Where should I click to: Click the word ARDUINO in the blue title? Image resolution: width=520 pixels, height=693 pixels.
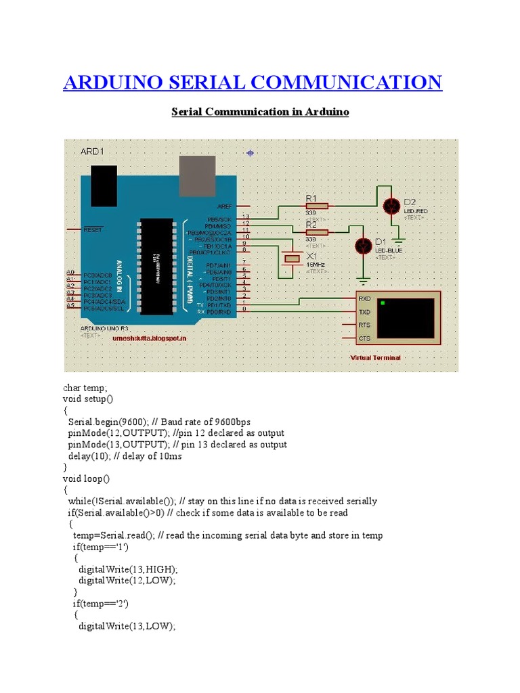[111, 83]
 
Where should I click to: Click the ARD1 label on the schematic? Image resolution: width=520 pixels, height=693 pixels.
[93, 150]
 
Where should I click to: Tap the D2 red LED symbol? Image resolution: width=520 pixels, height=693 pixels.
[391, 205]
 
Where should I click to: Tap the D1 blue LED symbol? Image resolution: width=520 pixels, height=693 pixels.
[364, 245]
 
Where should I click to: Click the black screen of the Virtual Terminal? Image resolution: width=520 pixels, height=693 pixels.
[405, 317]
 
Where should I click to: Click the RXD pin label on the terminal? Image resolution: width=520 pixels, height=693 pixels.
[364, 298]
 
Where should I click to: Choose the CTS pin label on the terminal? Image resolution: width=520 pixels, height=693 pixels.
[364, 338]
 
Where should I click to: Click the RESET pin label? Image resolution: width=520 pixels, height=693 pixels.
[92, 230]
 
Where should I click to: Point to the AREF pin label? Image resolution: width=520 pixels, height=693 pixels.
[224, 206]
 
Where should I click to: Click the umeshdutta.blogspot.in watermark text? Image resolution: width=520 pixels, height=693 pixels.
[150, 337]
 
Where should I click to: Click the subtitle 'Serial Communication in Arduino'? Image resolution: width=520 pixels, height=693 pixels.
[260, 112]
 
